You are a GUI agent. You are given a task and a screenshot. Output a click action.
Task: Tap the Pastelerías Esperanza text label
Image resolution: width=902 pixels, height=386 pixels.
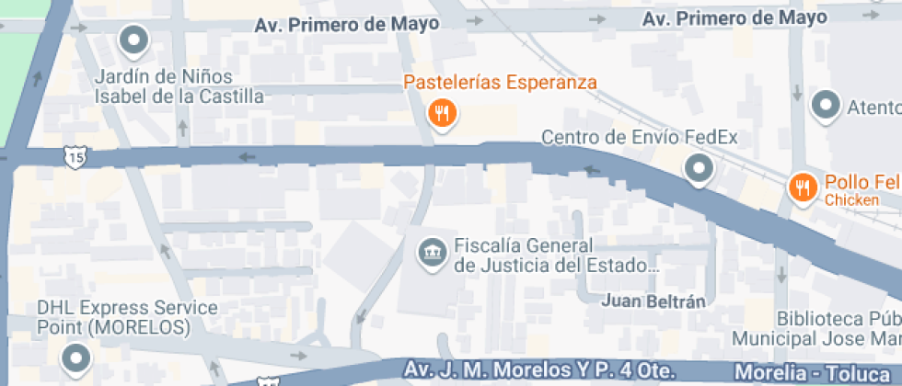[x=500, y=83]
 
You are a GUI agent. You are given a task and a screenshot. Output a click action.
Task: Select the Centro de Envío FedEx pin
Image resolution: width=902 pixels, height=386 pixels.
[x=700, y=168]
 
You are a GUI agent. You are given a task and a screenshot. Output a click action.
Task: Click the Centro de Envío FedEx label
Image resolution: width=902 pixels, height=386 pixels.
[x=639, y=138]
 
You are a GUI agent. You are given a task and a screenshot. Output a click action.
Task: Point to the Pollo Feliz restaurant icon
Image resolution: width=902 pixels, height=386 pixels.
[x=803, y=187]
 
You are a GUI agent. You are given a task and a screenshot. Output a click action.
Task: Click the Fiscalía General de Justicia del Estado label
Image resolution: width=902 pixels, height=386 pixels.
[x=558, y=256]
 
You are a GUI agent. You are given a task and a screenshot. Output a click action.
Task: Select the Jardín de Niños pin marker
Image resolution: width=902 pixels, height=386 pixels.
[x=135, y=40]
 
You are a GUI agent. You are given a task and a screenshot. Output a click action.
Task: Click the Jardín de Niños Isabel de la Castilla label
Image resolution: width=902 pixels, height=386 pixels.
[x=179, y=86]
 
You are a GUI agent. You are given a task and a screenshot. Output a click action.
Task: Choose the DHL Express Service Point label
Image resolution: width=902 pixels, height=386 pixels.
[x=113, y=317]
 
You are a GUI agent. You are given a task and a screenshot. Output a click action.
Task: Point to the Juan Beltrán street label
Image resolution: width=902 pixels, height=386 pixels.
[x=653, y=301]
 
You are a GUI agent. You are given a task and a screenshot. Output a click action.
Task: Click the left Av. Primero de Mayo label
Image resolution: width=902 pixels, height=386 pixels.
[x=347, y=25]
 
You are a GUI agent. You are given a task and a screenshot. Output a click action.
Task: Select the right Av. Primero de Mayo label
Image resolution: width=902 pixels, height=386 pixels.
[x=735, y=18]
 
